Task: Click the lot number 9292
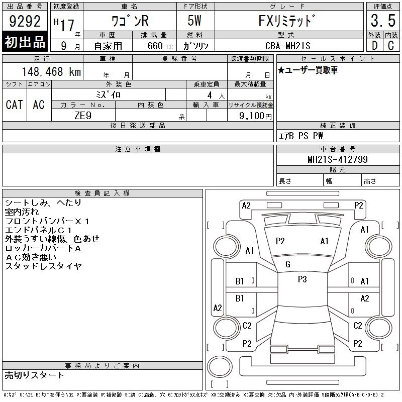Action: point(25,21)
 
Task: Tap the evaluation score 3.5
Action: point(383,21)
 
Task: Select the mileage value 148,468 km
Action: point(51,71)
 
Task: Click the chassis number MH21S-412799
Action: point(338,159)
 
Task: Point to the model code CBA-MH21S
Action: point(288,46)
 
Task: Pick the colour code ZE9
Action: point(83,116)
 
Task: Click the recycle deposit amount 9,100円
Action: point(255,116)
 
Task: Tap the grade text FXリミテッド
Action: point(287,21)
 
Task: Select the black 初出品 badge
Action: point(25,41)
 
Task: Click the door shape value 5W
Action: point(194,21)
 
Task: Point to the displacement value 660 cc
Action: point(160,46)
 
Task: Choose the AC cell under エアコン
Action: point(39,105)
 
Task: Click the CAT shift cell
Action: point(15,105)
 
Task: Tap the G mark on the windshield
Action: point(288,264)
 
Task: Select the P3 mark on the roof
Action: point(303,279)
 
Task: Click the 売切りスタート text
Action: point(34,375)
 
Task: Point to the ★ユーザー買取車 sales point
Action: point(308,70)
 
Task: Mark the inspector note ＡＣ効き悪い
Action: point(31,257)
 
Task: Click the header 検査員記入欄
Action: point(102,193)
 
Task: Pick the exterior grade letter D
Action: point(375,46)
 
